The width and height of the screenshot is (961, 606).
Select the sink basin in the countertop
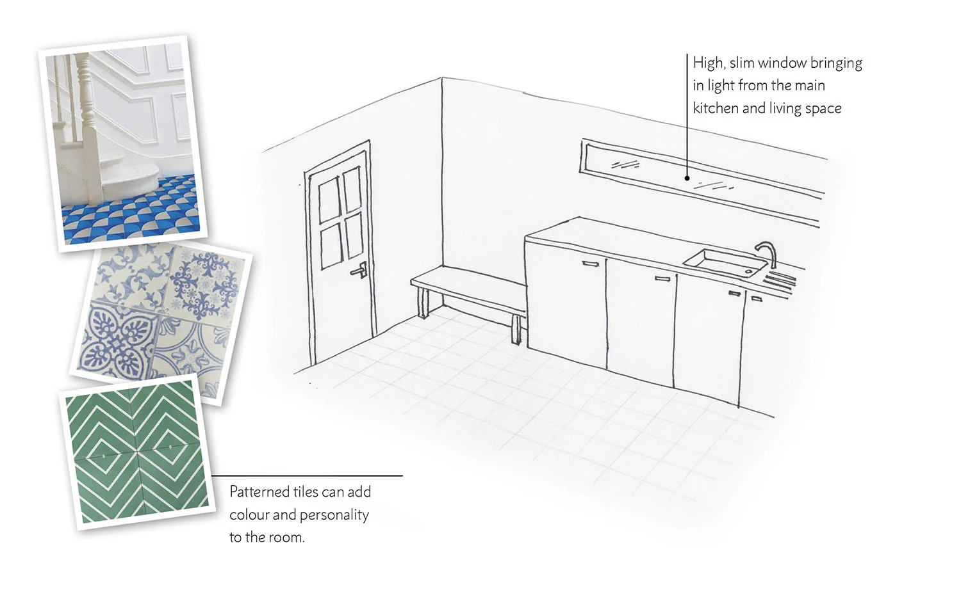pos(725,262)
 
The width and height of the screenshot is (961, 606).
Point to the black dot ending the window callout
pos(687,178)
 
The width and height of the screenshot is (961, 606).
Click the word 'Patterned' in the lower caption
pos(259,492)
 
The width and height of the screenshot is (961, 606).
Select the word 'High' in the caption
pos(707,63)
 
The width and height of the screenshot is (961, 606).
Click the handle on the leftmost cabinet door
pos(591,263)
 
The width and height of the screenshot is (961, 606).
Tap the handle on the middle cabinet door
pos(662,278)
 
